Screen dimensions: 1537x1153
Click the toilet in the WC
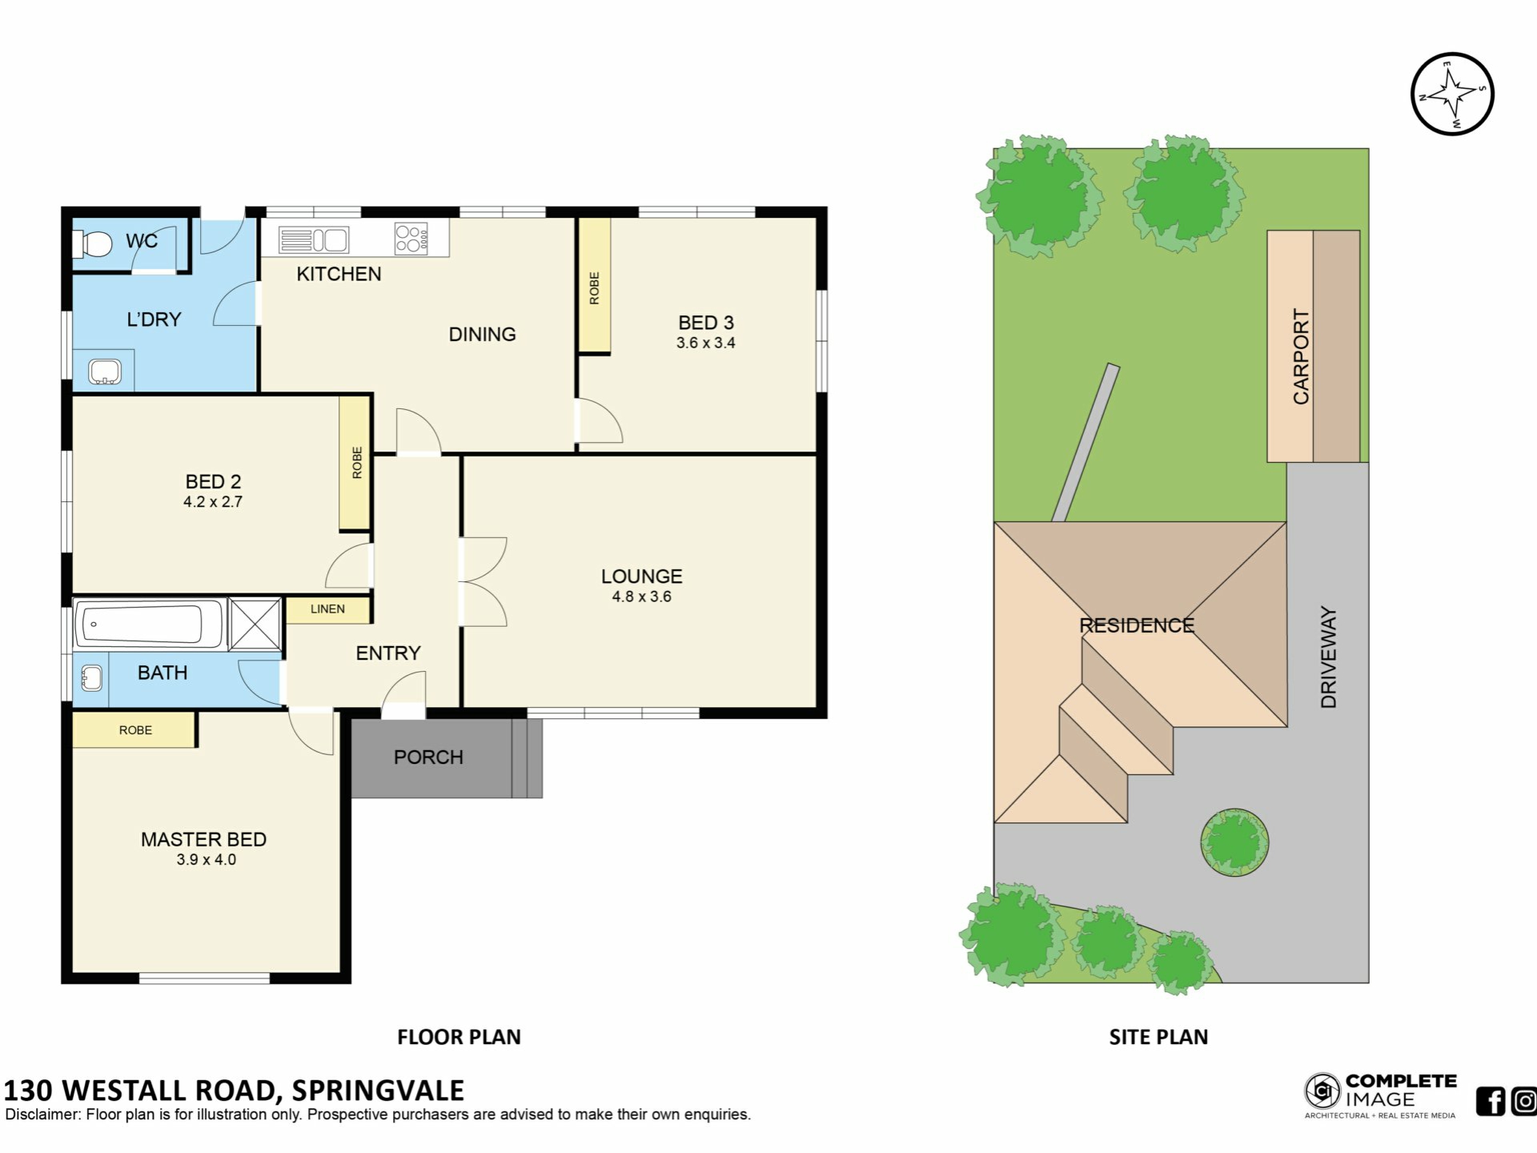[x=92, y=243]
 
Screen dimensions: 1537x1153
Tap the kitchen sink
[x=314, y=239]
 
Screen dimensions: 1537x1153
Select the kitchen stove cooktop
[x=411, y=239]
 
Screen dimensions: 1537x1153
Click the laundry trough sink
[x=105, y=372]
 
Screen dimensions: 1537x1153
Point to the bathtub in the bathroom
[x=148, y=624]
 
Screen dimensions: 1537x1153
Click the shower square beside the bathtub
[x=255, y=624]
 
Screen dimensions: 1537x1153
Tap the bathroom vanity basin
[x=91, y=678]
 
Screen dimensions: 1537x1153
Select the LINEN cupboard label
[x=327, y=609]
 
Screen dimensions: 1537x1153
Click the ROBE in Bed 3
[x=594, y=287]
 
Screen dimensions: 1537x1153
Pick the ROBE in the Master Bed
[x=135, y=730]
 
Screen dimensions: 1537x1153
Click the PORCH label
[x=428, y=757]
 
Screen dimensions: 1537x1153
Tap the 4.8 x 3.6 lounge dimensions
[x=641, y=597]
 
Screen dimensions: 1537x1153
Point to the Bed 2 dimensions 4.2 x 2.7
[x=213, y=502]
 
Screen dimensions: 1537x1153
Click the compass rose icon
[x=1452, y=94]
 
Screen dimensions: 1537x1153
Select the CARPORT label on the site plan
[x=1302, y=356]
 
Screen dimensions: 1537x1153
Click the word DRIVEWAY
[x=1329, y=657]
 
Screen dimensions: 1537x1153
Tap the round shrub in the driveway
[x=1234, y=842]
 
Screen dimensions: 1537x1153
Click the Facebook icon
[x=1491, y=1102]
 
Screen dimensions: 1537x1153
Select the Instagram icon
[x=1525, y=1102]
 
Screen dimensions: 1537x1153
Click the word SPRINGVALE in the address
[x=378, y=1091]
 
